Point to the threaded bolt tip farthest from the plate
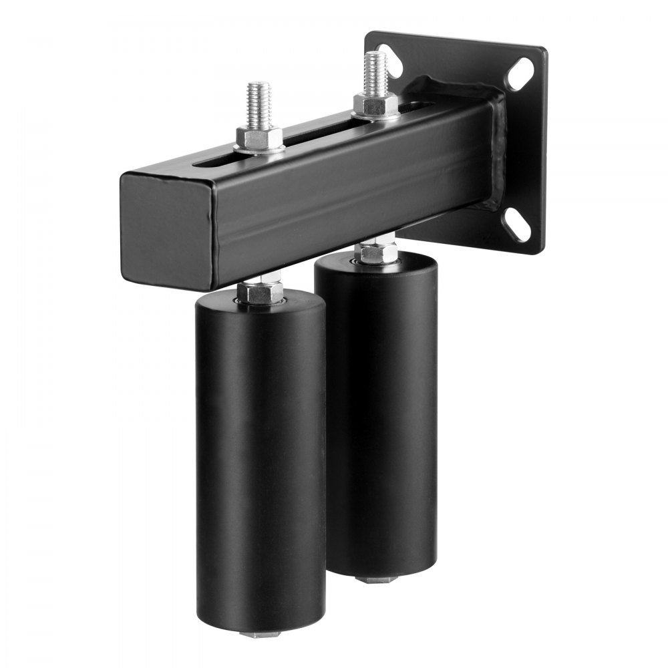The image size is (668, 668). (x=259, y=103)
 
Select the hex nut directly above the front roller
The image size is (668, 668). (x=261, y=291)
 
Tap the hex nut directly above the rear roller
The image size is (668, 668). (x=376, y=253)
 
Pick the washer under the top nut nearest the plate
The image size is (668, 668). (x=375, y=116)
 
